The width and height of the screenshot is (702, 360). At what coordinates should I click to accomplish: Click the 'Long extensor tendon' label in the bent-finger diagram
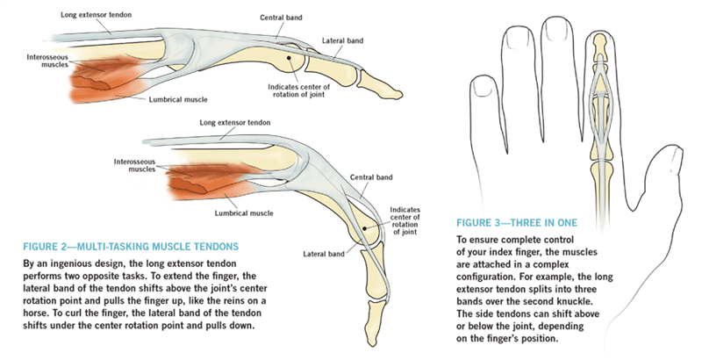(x=234, y=123)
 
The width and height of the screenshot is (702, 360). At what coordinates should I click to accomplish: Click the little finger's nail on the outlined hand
(x=484, y=85)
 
